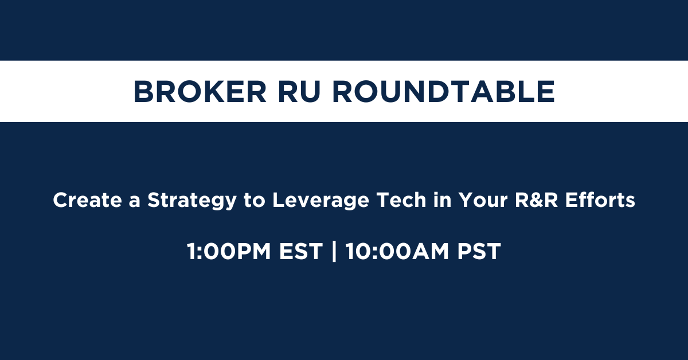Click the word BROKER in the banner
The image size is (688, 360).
pos(200,92)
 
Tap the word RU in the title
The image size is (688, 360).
pos(299,92)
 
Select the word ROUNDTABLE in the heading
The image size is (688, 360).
pos(444,92)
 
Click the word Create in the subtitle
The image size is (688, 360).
pos(88,200)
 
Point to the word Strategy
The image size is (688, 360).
pos(192,201)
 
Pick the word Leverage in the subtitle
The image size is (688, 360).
pos(320,201)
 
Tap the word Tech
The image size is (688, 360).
pos(401,200)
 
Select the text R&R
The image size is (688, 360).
pos(536,200)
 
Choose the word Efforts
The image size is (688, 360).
pos(600,200)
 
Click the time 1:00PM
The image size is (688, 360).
pos(229,252)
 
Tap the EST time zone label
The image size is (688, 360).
pos(301,252)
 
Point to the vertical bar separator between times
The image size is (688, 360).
pos(334,252)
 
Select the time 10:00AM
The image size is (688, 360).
pos(397,252)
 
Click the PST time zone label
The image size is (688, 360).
pos(479,252)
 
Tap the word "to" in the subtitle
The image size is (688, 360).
pos(255,201)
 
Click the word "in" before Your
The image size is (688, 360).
pos(442,200)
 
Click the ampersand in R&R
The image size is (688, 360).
pos(536,200)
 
